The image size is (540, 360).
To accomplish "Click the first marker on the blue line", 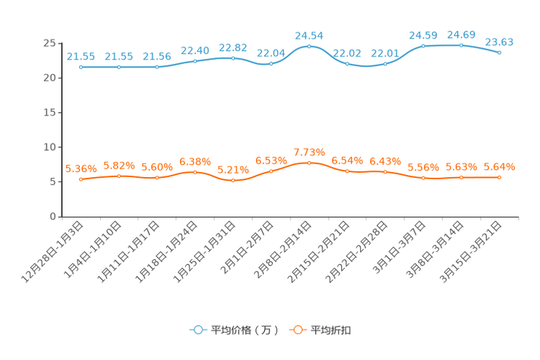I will [x=81, y=67].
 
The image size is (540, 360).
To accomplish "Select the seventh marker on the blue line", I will [x=309, y=46].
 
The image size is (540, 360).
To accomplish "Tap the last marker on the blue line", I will [x=499, y=53].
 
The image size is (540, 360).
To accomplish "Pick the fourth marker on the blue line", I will [x=195, y=61].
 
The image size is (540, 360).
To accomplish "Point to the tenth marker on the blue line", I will [x=423, y=46].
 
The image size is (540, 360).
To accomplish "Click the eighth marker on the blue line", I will [x=347, y=64].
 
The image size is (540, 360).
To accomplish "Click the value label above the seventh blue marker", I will [x=309, y=35].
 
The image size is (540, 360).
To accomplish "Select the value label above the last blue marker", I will [x=499, y=41].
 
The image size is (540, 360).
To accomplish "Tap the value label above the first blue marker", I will [x=81, y=56].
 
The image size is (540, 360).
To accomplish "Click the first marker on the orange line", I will [x=81, y=179].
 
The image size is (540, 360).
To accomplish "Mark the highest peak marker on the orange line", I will [x=309, y=163].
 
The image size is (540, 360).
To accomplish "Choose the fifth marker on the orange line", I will [x=233, y=180].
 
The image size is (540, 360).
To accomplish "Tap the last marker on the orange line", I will [x=499, y=177].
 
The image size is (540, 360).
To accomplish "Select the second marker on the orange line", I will [x=119, y=175].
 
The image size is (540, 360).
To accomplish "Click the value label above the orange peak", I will [x=309, y=151].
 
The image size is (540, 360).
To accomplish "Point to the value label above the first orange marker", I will [x=81, y=168].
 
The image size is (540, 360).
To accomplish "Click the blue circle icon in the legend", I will [x=197, y=330].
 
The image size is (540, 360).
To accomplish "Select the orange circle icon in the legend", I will [x=298, y=330].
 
